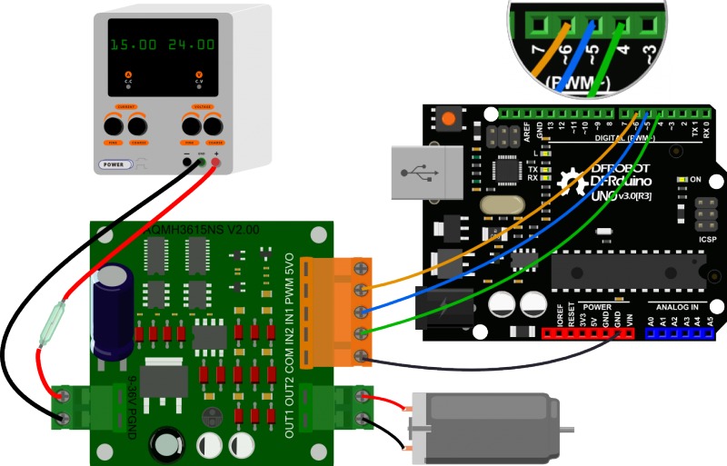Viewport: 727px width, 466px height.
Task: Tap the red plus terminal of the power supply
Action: [x=216, y=160]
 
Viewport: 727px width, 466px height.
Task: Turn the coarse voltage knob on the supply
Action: [x=214, y=124]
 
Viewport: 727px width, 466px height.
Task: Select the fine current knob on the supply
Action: [x=115, y=124]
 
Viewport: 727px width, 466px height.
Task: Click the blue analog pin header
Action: [x=679, y=333]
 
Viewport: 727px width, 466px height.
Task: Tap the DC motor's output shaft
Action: [x=565, y=428]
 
